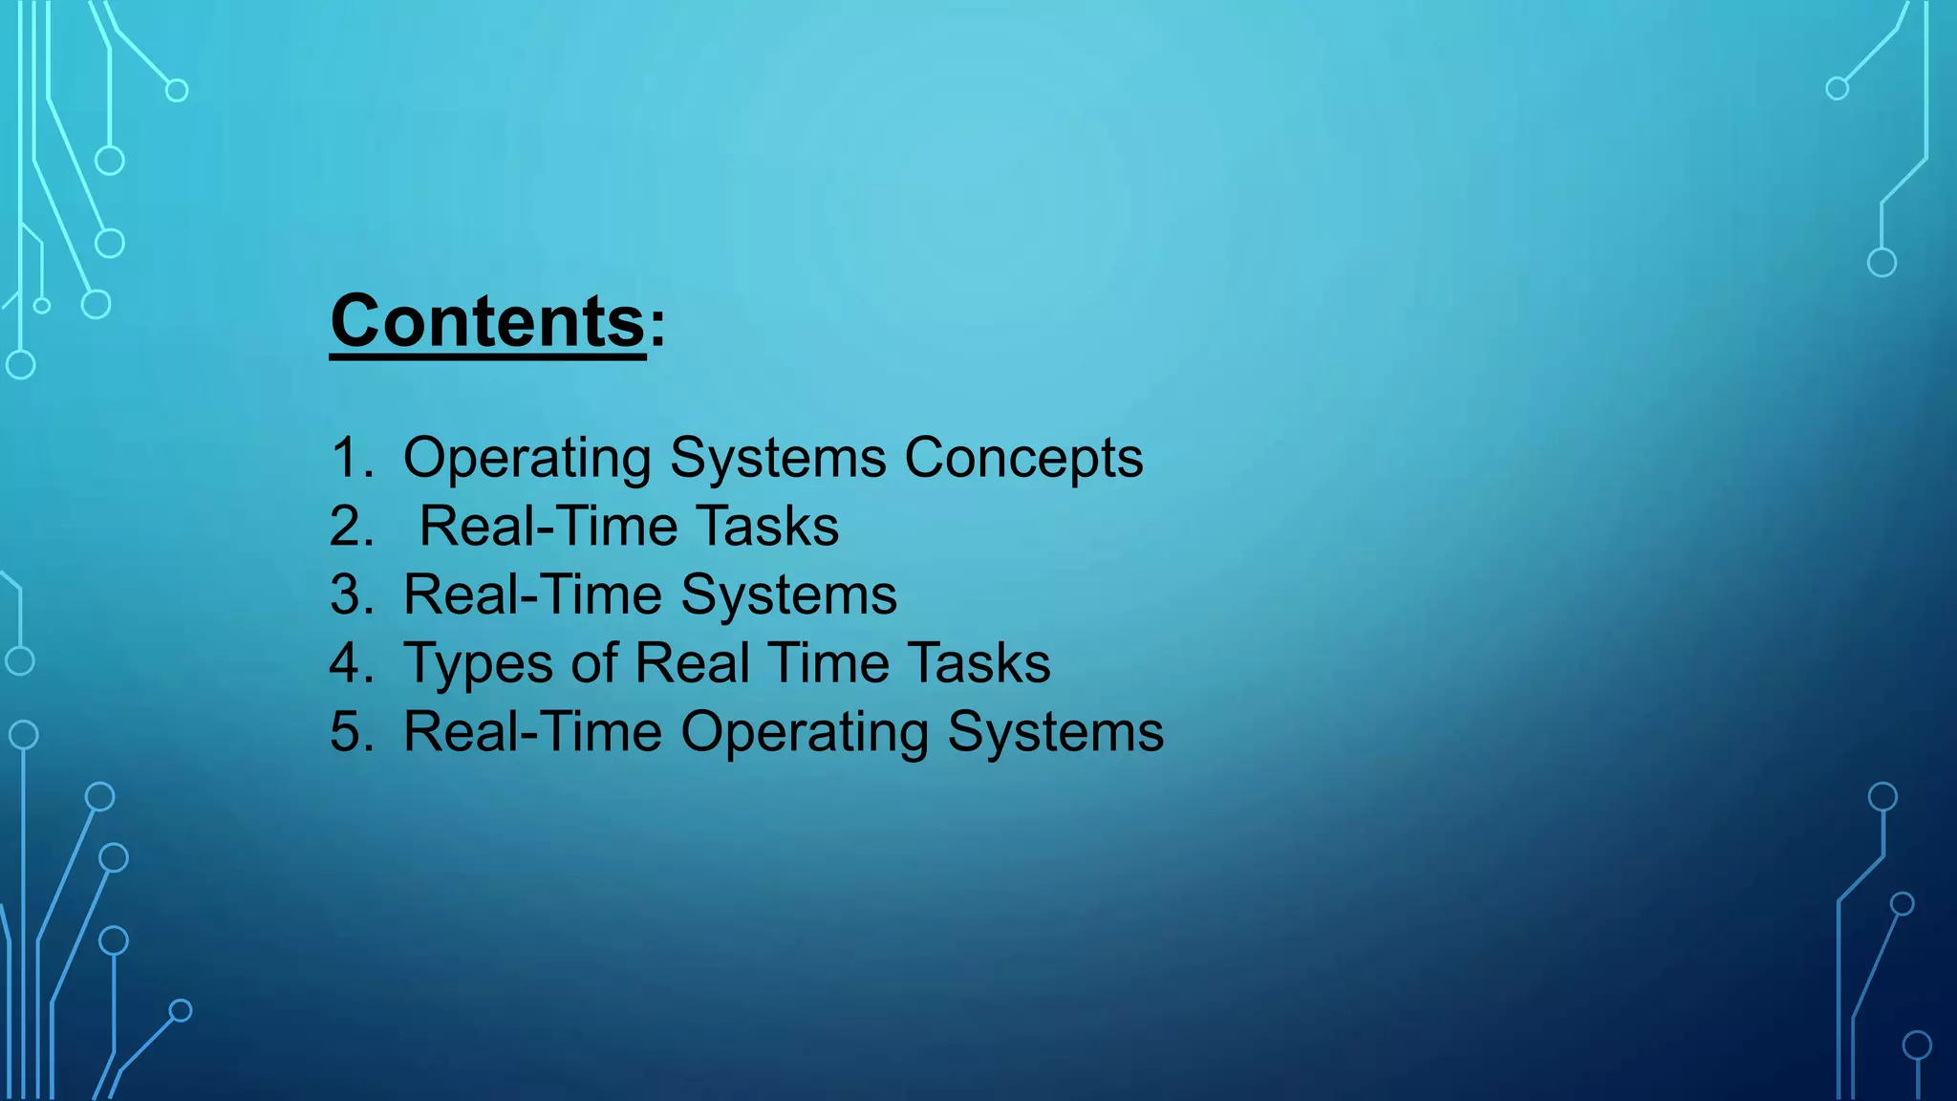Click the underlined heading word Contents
(x=487, y=322)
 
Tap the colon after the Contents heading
(x=657, y=328)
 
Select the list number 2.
(x=351, y=527)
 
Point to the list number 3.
(x=351, y=595)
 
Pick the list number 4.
(x=351, y=663)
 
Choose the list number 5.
(x=351, y=732)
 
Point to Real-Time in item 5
(x=532, y=732)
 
